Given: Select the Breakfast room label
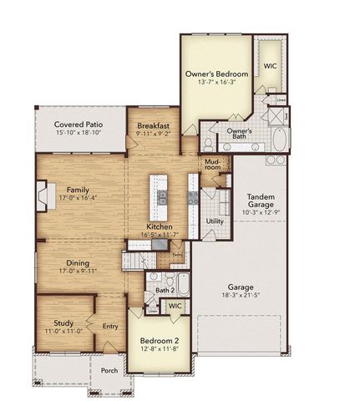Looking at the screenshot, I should pos(154,125).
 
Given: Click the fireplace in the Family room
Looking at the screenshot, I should pos(42,197).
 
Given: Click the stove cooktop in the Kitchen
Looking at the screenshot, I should pos(193,198).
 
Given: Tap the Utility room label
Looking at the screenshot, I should pos(215,221).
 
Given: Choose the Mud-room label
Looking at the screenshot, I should pos(212,164).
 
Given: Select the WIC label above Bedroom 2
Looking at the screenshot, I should pos(175,307).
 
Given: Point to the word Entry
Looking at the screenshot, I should pos(110,327).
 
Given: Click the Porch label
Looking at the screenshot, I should pos(109,371).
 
